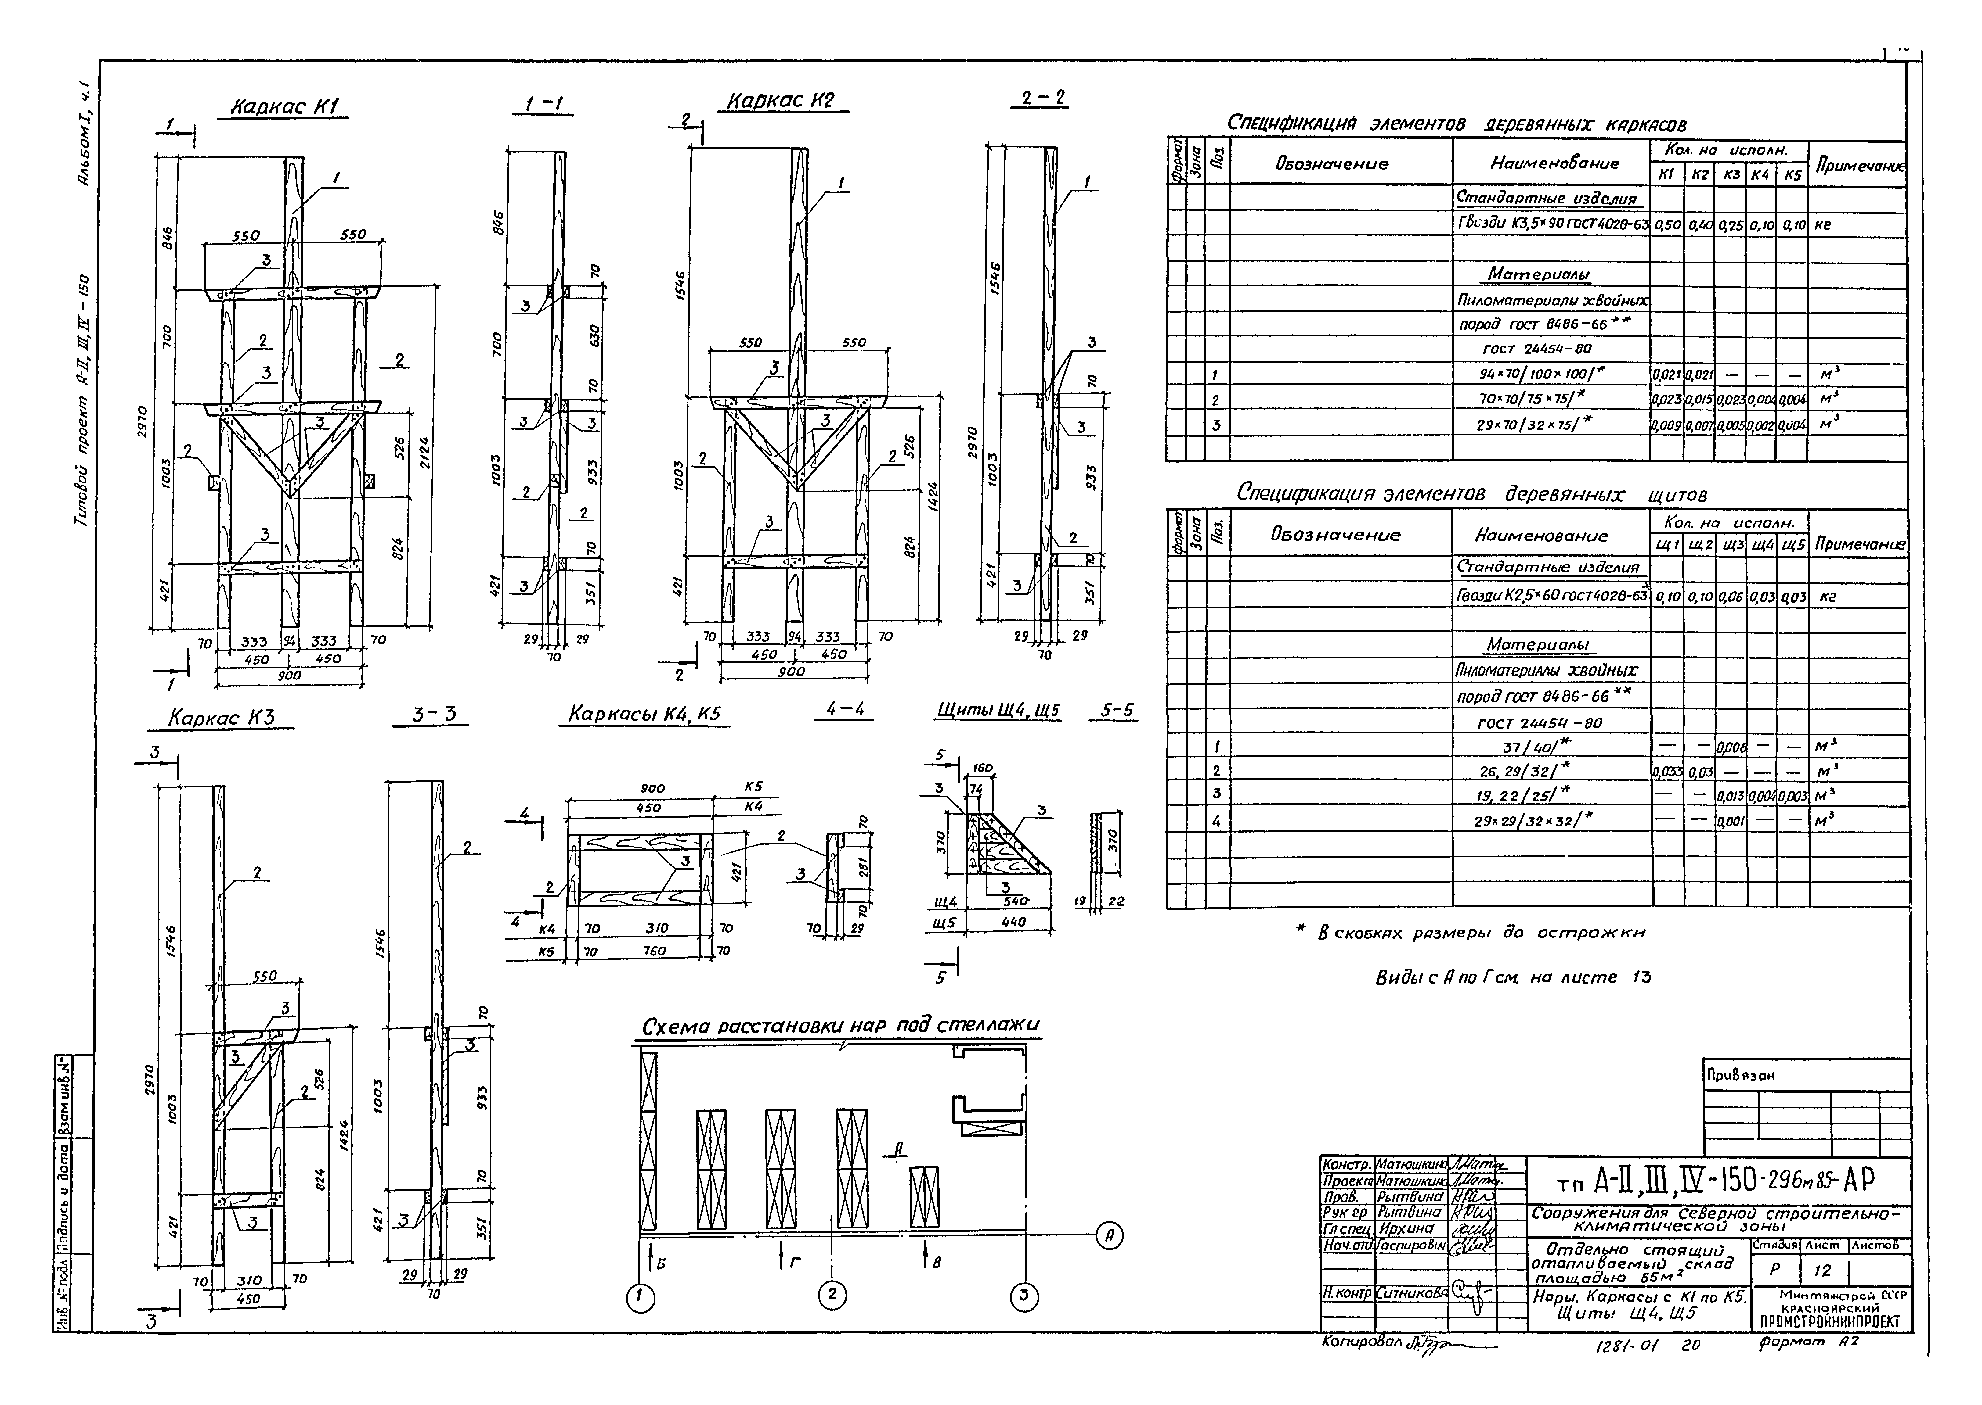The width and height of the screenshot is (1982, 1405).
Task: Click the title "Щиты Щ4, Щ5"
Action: tap(998, 711)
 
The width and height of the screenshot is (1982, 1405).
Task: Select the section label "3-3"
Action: tap(435, 715)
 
